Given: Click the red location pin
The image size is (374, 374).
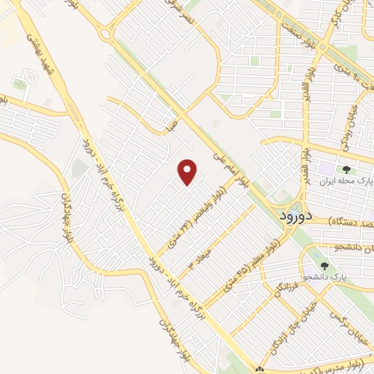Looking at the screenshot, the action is (x=188, y=172).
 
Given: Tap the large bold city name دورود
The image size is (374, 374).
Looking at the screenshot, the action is (x=297, y=217).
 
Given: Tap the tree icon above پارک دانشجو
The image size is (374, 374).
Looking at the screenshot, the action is (x=325, y=266).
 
